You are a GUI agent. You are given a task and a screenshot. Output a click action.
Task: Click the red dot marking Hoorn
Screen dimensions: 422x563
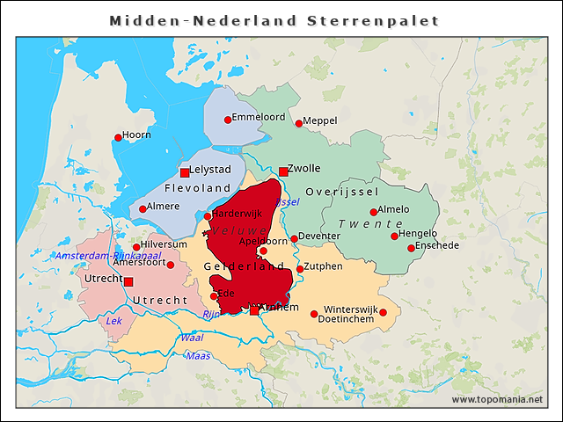(x=118, y=137)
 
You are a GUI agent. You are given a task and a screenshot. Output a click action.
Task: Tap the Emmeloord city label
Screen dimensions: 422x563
(x=259, y=116)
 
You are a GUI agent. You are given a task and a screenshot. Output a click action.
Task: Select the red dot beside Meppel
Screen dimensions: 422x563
(x=298, y=123)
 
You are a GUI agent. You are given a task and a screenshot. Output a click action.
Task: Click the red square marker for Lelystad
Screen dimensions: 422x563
(x=185, y=172)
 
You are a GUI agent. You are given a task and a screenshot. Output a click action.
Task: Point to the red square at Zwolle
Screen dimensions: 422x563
(x=282, y=171)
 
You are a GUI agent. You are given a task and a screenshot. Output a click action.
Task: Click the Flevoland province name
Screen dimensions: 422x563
(x=198, y=188)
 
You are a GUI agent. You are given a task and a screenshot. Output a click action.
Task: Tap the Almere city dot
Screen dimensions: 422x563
(x=143, y=209)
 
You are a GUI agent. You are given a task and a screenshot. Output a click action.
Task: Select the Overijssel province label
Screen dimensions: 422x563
(x=342, y=192)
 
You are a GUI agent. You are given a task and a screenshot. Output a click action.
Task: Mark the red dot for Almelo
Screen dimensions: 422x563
(x=374, y=212)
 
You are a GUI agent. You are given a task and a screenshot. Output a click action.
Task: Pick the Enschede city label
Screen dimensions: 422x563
(x=437, y=246)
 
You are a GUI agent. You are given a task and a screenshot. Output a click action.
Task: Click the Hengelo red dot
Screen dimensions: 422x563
(x=394, y=236)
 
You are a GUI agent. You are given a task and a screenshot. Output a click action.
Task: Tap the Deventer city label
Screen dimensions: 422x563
(x=319, y=236)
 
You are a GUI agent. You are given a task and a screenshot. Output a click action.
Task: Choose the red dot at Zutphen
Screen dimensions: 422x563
(x=300, y=269)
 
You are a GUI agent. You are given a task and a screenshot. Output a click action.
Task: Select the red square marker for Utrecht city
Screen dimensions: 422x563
(x=128, y=281)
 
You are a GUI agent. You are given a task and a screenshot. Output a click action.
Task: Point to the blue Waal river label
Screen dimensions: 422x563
(x=191, y=338)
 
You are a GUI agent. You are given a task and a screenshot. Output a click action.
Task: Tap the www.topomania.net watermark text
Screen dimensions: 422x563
(x=498, y=400)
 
